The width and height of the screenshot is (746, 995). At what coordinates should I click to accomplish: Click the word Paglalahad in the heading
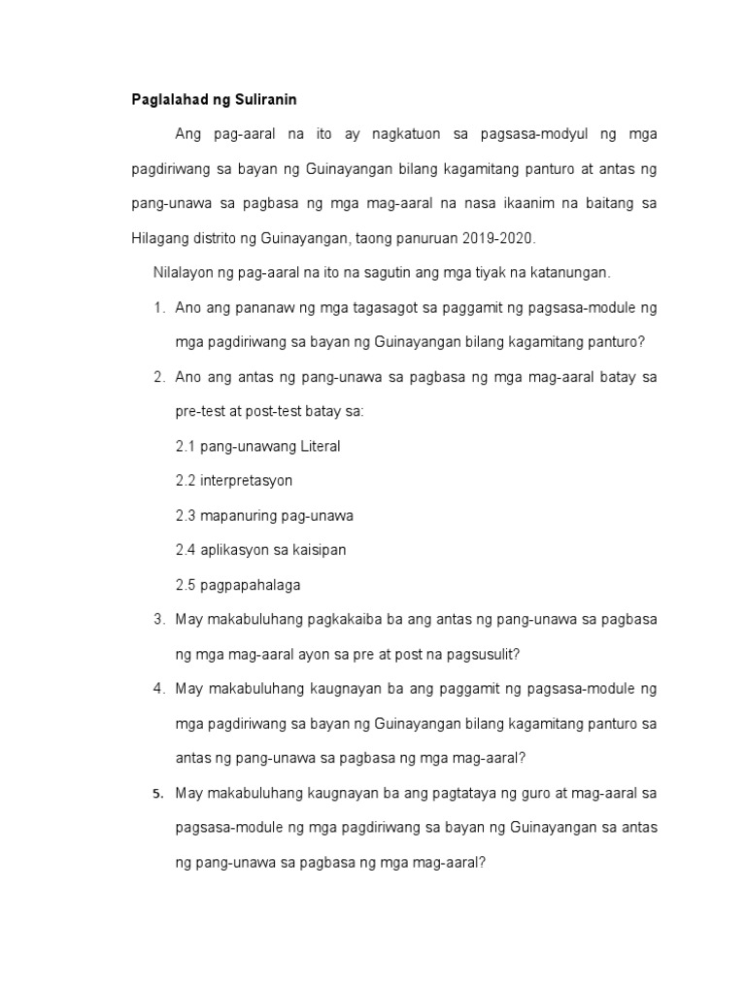pyautogui.click(x=167, y=99)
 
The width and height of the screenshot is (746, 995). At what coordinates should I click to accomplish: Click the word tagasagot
pyautogui.click(x=371, y=308)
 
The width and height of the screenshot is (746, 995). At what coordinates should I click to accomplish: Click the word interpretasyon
pyautogui.click(x=247, y=481)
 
